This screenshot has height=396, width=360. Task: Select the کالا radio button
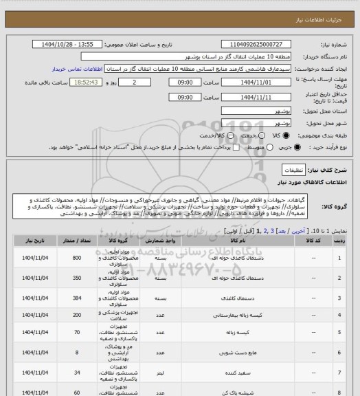247,135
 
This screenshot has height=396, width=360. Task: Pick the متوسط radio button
250,147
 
